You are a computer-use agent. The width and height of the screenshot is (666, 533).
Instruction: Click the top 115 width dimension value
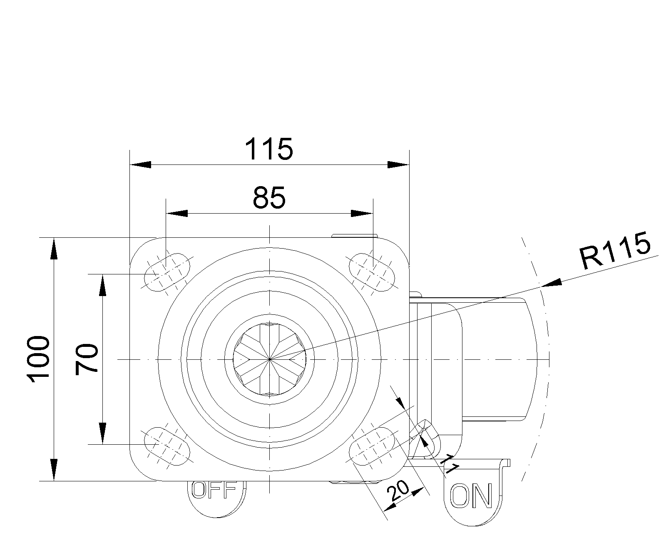[x=268, y=149]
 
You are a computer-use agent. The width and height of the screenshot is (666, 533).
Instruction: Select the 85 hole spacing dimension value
[x=269, y=198]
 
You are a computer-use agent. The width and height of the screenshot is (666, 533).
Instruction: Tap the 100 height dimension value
[x=38, y=359]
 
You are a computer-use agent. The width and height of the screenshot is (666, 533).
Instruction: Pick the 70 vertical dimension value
[x=87, y=359]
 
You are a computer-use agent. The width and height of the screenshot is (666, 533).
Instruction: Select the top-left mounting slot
[x=167, y=272]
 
